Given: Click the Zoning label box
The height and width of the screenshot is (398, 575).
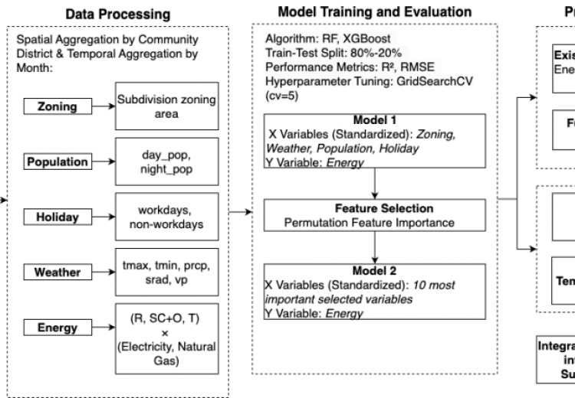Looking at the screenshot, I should [x=58, y=106].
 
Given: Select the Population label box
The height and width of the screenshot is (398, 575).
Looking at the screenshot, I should [x=58, y=161].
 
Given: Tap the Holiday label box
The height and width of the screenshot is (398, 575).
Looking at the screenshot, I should [x=58, y=217].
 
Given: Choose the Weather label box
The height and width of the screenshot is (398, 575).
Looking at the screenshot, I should [x=58, y=272].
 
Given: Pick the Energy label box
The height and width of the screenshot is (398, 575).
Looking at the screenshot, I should [x=58, y=328].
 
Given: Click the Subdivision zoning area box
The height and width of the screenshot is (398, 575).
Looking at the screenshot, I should [x=166, y=106].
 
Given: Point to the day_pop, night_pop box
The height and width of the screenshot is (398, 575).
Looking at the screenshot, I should [x=166, y=161].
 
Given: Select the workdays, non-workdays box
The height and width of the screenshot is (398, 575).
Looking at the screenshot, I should [x=166, y=217].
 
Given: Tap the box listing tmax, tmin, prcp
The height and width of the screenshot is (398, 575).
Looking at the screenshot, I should [x=166, y=272].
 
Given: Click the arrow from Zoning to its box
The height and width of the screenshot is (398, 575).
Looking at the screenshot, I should [x=103, y=106].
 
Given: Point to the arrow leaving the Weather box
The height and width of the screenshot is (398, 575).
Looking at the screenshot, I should [x=103, y=272].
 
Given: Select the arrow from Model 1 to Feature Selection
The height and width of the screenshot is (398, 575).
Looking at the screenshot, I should [x=373, y=184].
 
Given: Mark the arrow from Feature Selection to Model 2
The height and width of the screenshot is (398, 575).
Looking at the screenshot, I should [x=373, y=247].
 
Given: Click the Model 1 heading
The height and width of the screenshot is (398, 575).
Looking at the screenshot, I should [x=373, y=121].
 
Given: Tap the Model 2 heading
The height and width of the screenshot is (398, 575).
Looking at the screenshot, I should [x=373, y=271].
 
